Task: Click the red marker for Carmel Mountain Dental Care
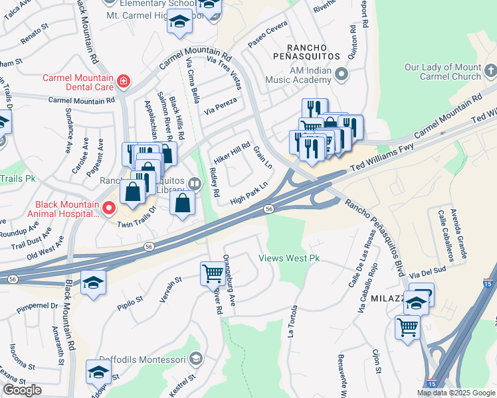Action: pyautogui.click(x=123, y=82)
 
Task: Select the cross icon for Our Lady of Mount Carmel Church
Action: pyautogui.click(x=490, y=71)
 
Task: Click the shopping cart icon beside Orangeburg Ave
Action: pyautogui.click(x=213, y=272)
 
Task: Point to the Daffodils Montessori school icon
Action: pyautogui.click(x=195, y=359)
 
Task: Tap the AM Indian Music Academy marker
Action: pyautogui.click(x=342, y=74)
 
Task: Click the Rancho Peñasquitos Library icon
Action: pyautogui.click(x=194, y=183)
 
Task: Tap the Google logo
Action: pyautogui.click(x=22, y=390)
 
